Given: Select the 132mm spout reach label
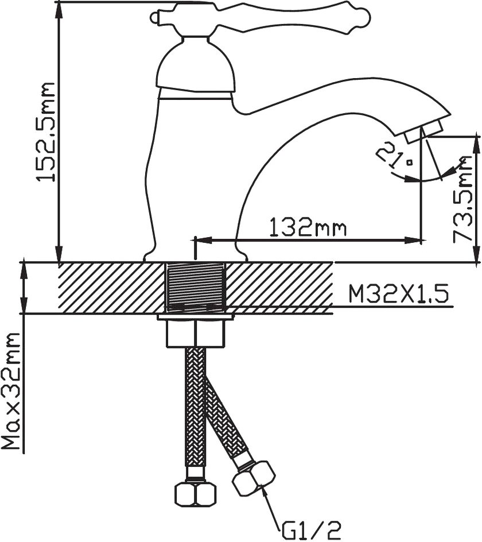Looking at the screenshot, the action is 308,227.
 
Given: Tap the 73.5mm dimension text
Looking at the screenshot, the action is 462,199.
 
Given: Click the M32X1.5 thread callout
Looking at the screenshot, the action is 398,294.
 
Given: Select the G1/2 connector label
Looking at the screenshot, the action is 309,529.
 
